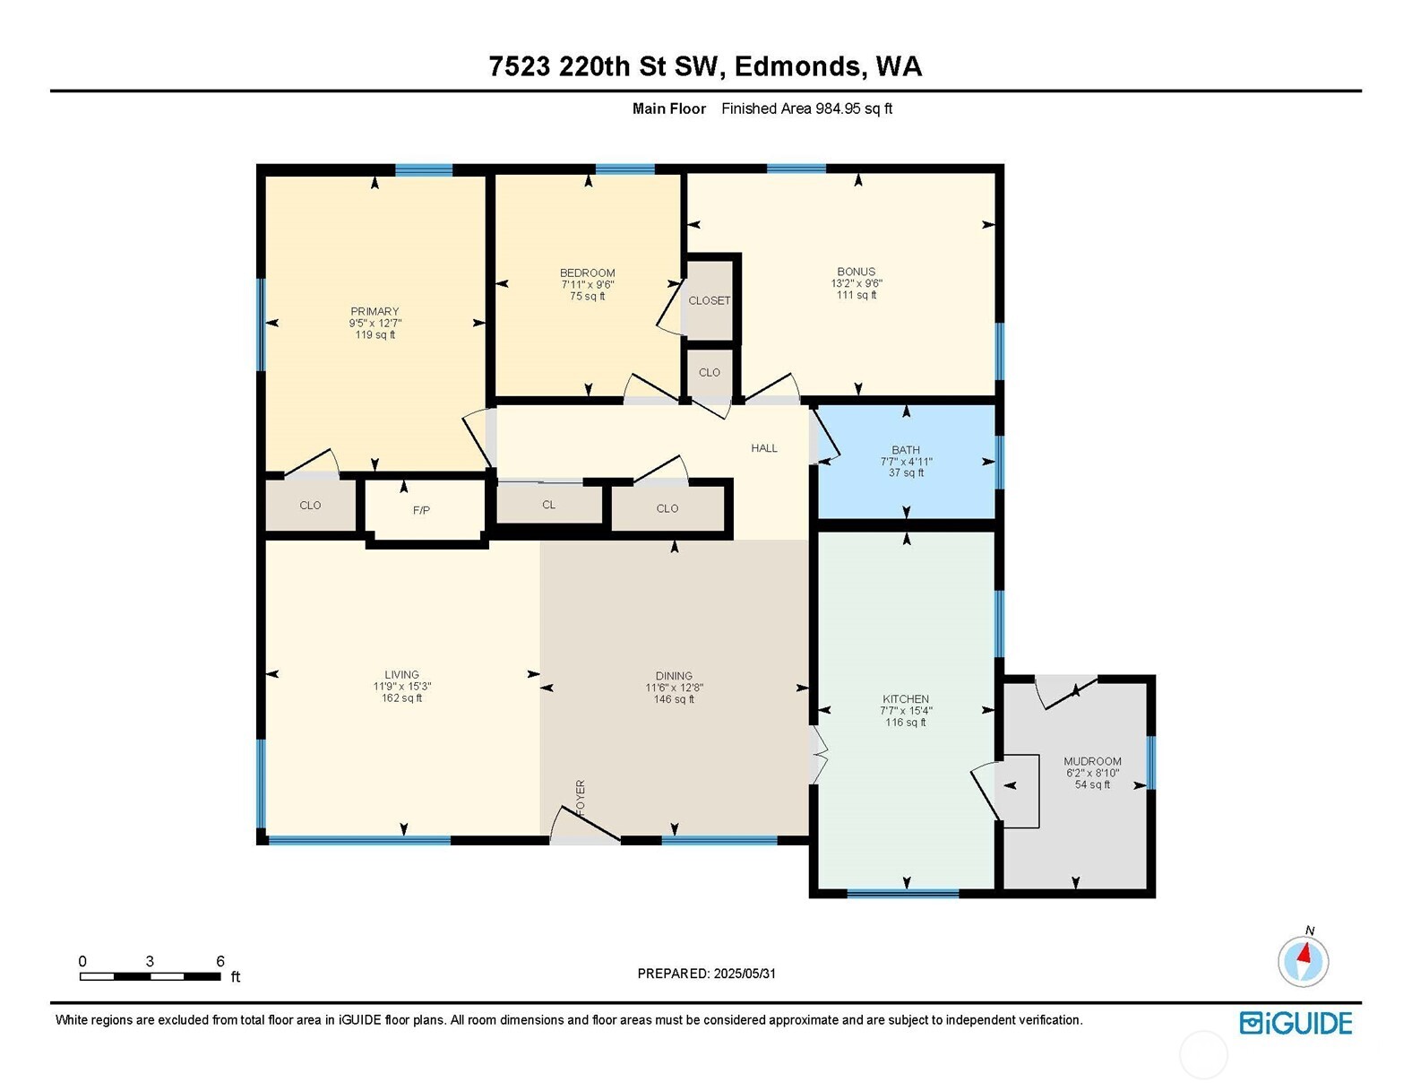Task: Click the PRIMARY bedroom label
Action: [375, 312]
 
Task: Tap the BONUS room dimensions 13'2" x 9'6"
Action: [856, 283]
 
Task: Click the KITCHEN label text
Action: [905, 699]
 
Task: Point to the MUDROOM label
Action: [1091, 761]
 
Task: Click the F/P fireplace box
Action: [421, 510]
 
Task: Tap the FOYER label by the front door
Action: [580, 797]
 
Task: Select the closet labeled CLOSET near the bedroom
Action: [709, 300]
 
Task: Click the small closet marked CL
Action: [548, 505]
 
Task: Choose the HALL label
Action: [763, 448]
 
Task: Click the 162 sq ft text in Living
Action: [401, 698]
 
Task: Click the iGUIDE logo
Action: [1296, 1023]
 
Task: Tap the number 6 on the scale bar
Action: [220, 961]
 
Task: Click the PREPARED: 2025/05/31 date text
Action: [706, 974]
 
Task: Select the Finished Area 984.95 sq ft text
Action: [806, 108]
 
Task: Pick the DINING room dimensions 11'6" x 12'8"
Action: [673, 688]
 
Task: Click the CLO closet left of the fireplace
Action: [310, 506]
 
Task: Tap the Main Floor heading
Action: [668, 108]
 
